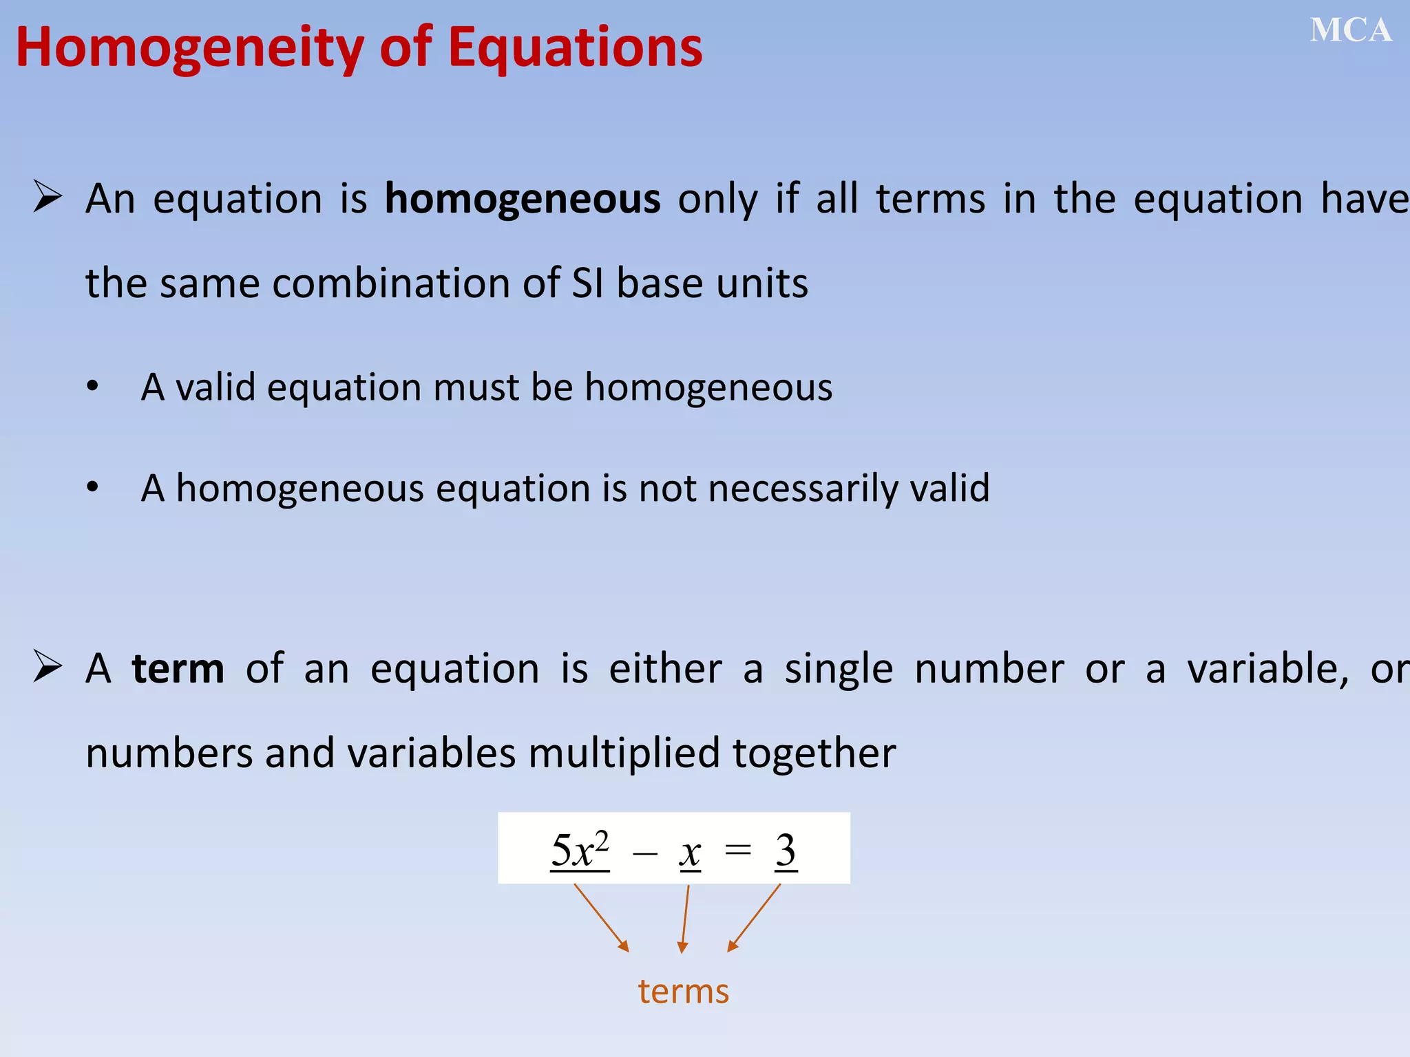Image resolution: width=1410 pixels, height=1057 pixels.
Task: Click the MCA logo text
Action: tap(1350, 31)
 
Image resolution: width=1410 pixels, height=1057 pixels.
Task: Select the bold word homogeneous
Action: tap(522, 200)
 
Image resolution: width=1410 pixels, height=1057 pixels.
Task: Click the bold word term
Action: tap(178, 669)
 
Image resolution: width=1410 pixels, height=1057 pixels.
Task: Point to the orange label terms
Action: tap(683, 992)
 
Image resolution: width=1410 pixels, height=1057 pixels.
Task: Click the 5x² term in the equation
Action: tap(580, 851)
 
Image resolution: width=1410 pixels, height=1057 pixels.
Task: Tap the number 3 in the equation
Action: tap(786, 851)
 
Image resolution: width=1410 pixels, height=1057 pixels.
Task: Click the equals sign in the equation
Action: tap(738, 851)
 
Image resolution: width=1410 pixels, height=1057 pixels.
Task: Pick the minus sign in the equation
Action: tap(645, 854)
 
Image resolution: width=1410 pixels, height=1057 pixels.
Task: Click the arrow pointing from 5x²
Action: tap(601, 917)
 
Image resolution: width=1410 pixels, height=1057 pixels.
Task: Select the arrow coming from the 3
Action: tap(755, 917)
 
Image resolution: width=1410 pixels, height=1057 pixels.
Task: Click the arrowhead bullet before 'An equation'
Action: tap(48, 197)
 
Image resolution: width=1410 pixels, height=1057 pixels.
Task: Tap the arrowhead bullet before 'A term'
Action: tap(48, 667)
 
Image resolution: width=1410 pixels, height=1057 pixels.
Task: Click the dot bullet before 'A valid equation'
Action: tap(92, 387)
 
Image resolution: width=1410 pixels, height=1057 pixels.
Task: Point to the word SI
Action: tap(587, 284)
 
